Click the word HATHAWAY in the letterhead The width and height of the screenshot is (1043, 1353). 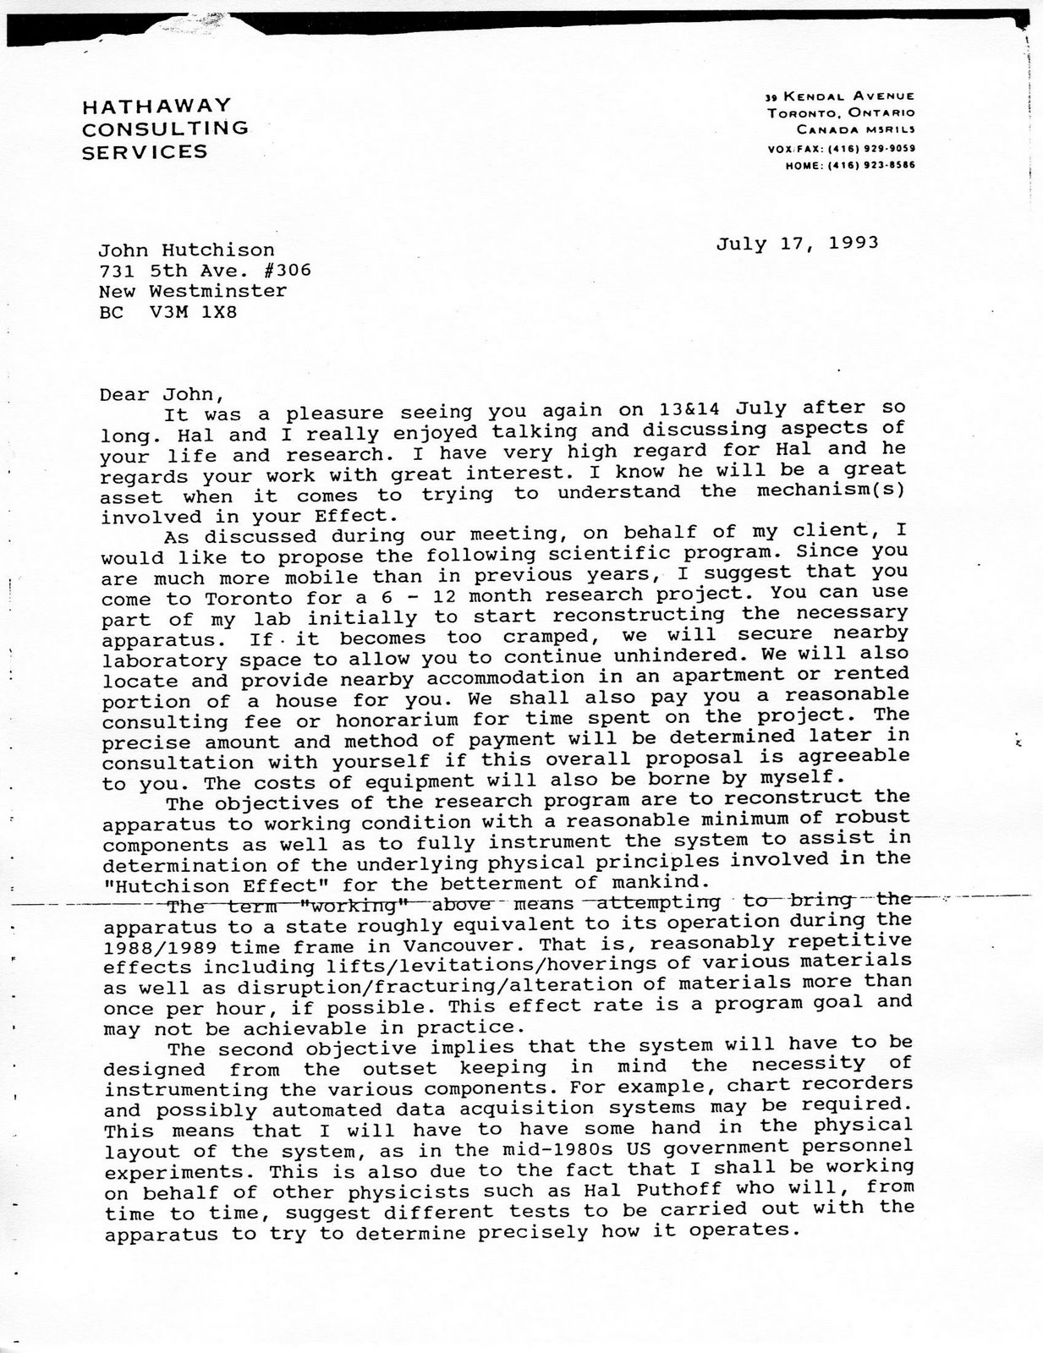coord(156,106)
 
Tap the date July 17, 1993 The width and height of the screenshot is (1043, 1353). coord(798,244)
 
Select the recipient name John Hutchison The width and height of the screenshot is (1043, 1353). coord(186,249)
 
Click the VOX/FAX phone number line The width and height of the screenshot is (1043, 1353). coord(841,149)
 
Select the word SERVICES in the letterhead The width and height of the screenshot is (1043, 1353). coord(145,152)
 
